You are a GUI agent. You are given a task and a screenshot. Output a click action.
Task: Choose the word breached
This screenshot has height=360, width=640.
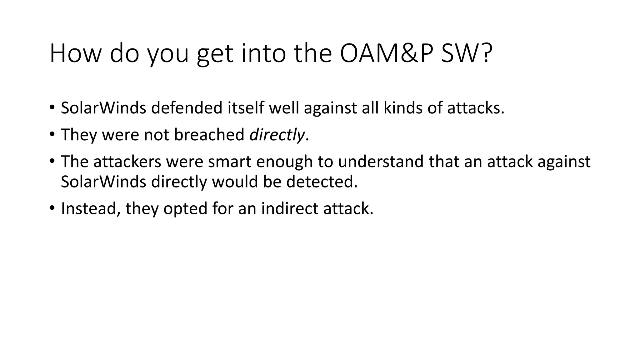point(209,135)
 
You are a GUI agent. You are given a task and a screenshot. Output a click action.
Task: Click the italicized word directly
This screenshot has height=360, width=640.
point(277,135)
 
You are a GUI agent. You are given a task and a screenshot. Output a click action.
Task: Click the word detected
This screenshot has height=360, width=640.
point(322,182)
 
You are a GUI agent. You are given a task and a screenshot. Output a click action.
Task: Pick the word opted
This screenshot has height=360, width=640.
point(185,209)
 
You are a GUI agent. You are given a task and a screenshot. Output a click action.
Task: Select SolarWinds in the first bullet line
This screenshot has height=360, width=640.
point(103,108)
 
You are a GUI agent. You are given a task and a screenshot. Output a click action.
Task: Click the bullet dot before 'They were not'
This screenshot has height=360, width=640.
point(52,135)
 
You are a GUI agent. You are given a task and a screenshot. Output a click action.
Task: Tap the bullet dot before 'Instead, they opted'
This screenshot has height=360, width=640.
point(52,208)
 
